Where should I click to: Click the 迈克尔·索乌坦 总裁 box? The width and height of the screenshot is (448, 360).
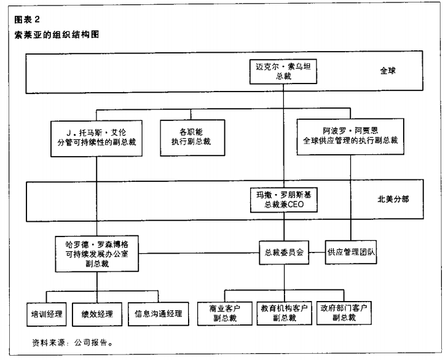tap(283, 69)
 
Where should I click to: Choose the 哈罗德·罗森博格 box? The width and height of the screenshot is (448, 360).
tap(96, 251)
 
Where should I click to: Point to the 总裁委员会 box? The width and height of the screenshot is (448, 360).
tap(283, 251)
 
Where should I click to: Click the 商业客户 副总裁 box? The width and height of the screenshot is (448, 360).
tap(223, 313)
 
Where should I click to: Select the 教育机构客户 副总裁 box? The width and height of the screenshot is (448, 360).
tap(283, 313)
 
